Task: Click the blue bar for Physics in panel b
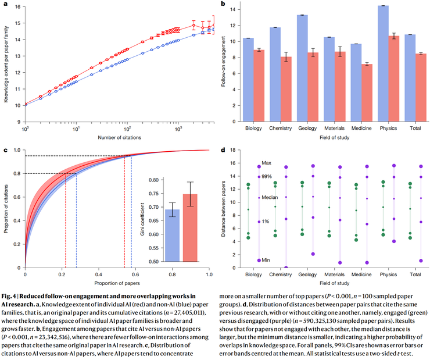click(383, 64)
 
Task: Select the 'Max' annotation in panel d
click(266, 162)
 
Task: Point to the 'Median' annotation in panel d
click(269, 197)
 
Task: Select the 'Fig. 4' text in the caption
click(12, 297)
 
